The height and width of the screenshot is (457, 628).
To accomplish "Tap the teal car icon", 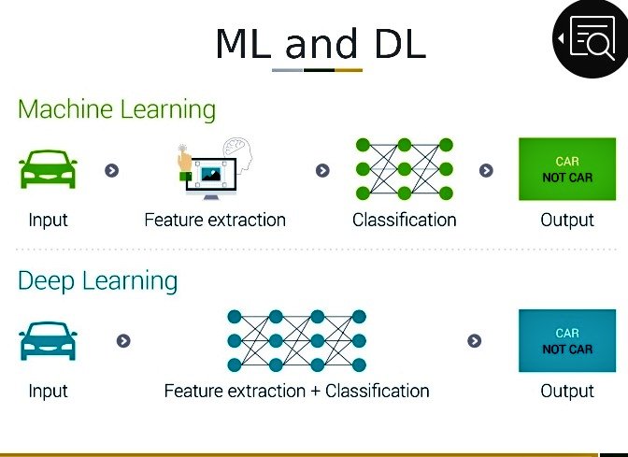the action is tap(48, 341).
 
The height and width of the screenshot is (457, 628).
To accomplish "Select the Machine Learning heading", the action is tap(117, 109).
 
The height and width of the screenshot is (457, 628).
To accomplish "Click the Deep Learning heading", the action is tap(97, 280).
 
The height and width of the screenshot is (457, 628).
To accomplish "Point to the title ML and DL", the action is tap(320, 44).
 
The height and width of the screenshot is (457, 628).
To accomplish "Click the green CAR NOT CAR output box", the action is tap(567, 169).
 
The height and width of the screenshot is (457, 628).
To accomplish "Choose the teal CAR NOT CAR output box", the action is tap(567, 341).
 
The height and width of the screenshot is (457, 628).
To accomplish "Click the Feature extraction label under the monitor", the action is tap(215, 221).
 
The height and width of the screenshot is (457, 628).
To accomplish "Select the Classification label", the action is tap(404, 221).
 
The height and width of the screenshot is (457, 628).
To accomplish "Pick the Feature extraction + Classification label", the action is tap(296, 391).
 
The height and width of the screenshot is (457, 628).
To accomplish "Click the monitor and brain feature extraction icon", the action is tap(215, 168).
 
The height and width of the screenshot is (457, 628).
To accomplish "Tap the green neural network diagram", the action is tap(404, 169).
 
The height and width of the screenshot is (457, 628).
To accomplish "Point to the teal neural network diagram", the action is tap(296, 341).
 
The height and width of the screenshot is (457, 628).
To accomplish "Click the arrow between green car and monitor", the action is tap(112, 170).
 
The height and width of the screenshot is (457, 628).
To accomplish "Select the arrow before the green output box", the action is tap(486, 170).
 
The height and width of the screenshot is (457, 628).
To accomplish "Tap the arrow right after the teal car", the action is tap(123, 341).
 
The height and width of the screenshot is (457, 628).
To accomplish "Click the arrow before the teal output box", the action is tap(475, 341).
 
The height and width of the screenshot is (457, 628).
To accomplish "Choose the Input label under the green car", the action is tap(48, 221).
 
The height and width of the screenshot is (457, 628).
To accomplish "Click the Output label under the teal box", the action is tap(567, 391).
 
